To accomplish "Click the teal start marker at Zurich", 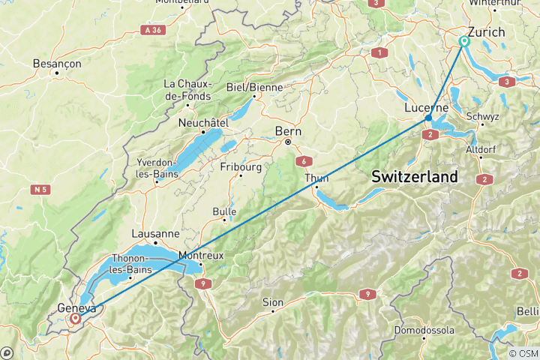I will tap(464, 42).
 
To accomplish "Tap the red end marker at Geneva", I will tap(75, 319).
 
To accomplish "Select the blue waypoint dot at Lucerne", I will tap(428, 118).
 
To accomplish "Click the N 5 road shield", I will tap(40, 190).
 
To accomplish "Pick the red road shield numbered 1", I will tap(381, 52).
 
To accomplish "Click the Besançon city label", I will tap(56, 64).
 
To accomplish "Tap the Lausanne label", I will tap(154, 233).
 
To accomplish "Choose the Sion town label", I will tap(273, 302).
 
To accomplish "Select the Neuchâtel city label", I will tap(202, 122).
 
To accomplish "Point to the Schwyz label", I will tap(482, 117).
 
